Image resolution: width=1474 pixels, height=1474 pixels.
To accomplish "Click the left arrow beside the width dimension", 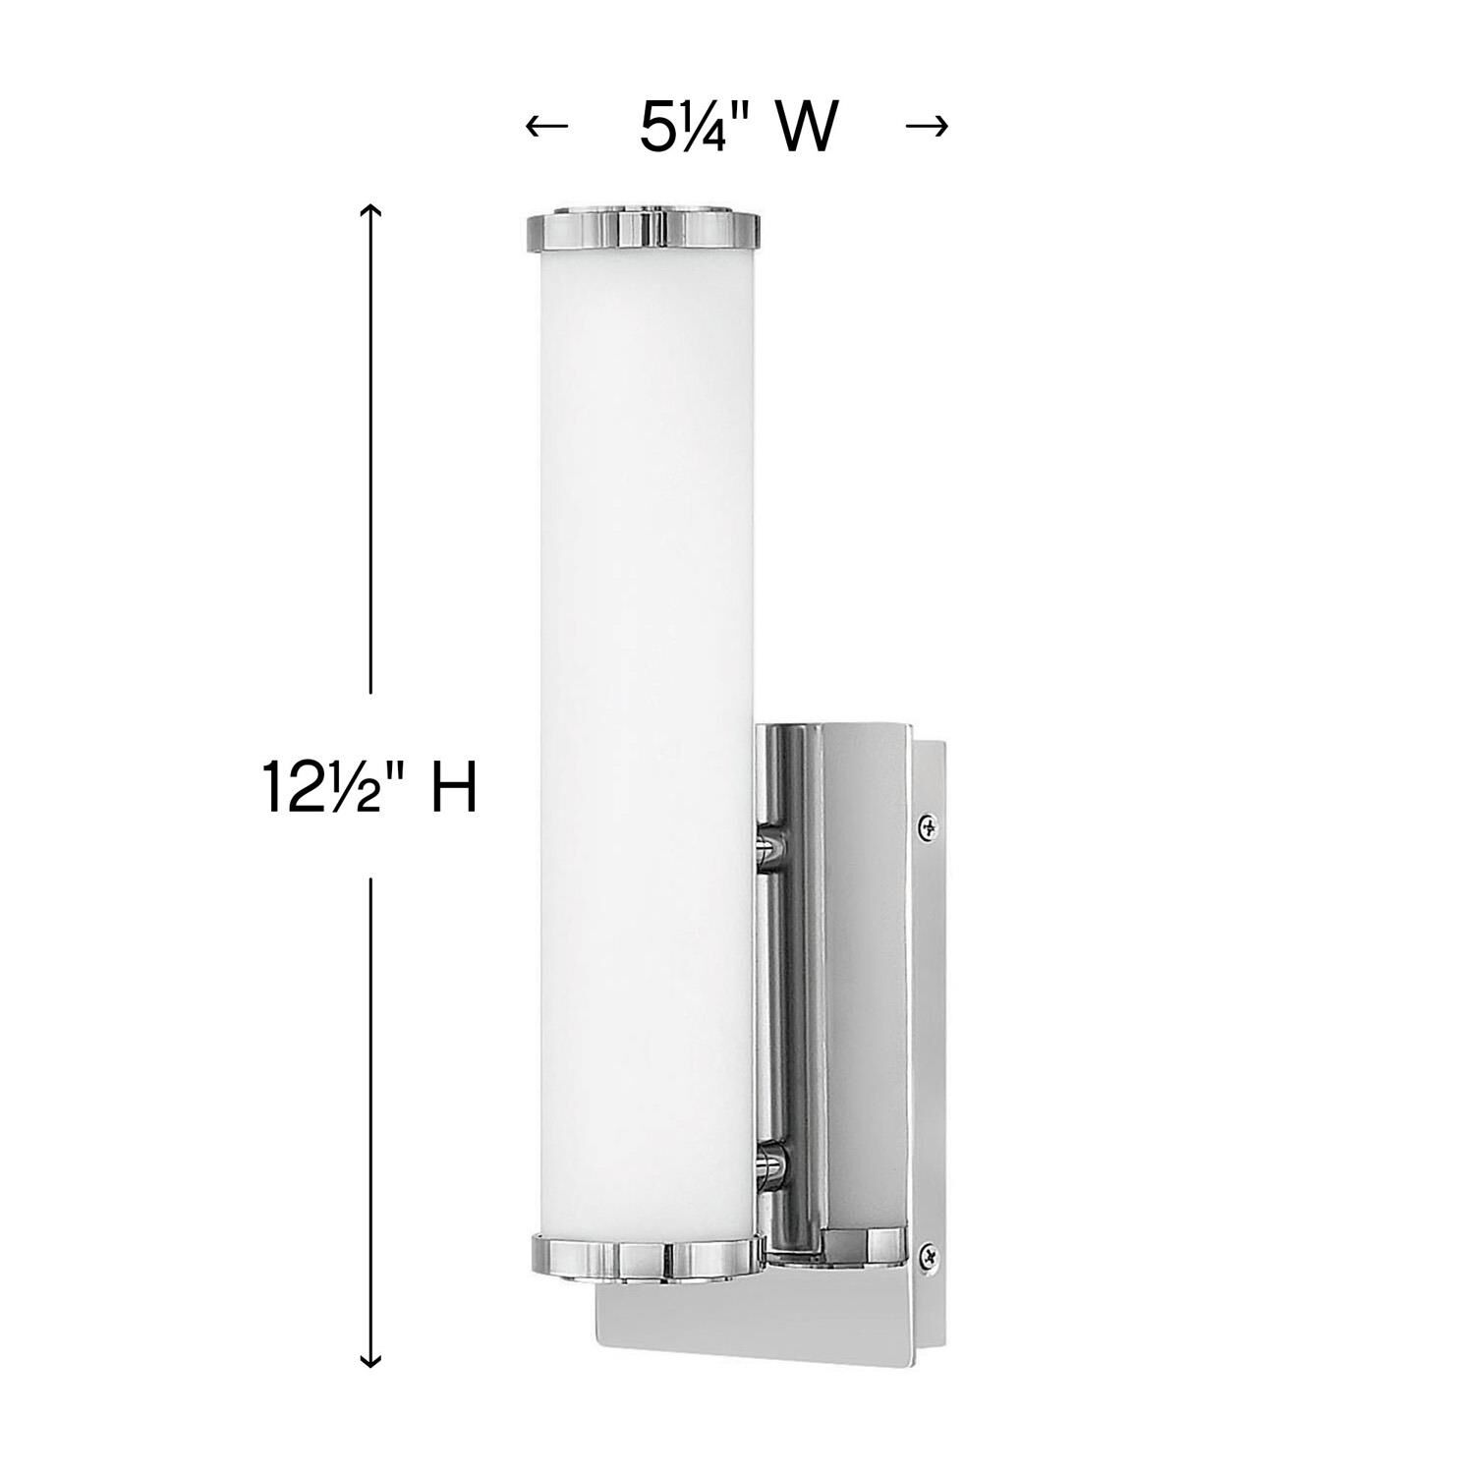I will click(x=547, y=126).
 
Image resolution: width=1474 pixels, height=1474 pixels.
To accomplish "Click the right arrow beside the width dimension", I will click(x=926, y=126).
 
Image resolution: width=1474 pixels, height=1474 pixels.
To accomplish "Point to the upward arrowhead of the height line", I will click(x=370, y=210).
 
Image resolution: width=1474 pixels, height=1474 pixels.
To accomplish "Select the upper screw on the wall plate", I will click(x=927, y=828).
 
